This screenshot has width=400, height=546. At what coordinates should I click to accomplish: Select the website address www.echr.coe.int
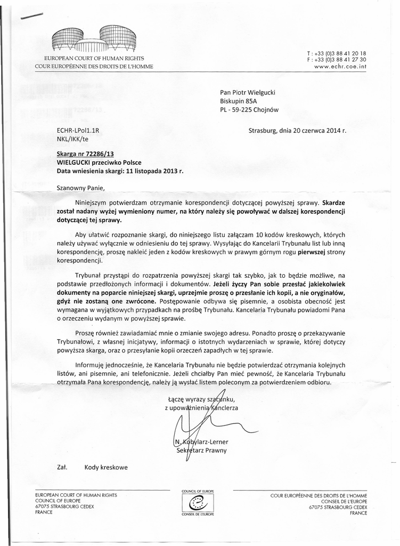pyautogui.click(x=340, y=67)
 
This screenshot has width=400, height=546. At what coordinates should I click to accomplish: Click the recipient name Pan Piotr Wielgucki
pyautogui.click(x=248, y=92)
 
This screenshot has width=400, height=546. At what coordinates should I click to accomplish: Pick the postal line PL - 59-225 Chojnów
pyautogui.click(x=249, y=110)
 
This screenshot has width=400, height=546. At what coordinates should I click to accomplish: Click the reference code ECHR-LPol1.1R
pyautogui.click(x=78, y=130)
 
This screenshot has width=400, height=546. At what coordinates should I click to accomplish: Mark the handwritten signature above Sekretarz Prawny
pyautogui.click(x=197, y=427)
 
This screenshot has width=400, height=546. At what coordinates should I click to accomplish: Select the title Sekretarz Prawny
pyautogui.click(x=201, y=451)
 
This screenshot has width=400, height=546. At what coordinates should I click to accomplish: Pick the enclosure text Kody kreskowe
pyautogui.click(x=105, y=468)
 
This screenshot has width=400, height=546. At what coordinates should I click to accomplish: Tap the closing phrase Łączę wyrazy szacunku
pyautogui.click(x=201, y=399)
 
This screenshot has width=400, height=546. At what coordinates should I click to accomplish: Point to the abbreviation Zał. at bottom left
pyautogui.click(x=61, y=468)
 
